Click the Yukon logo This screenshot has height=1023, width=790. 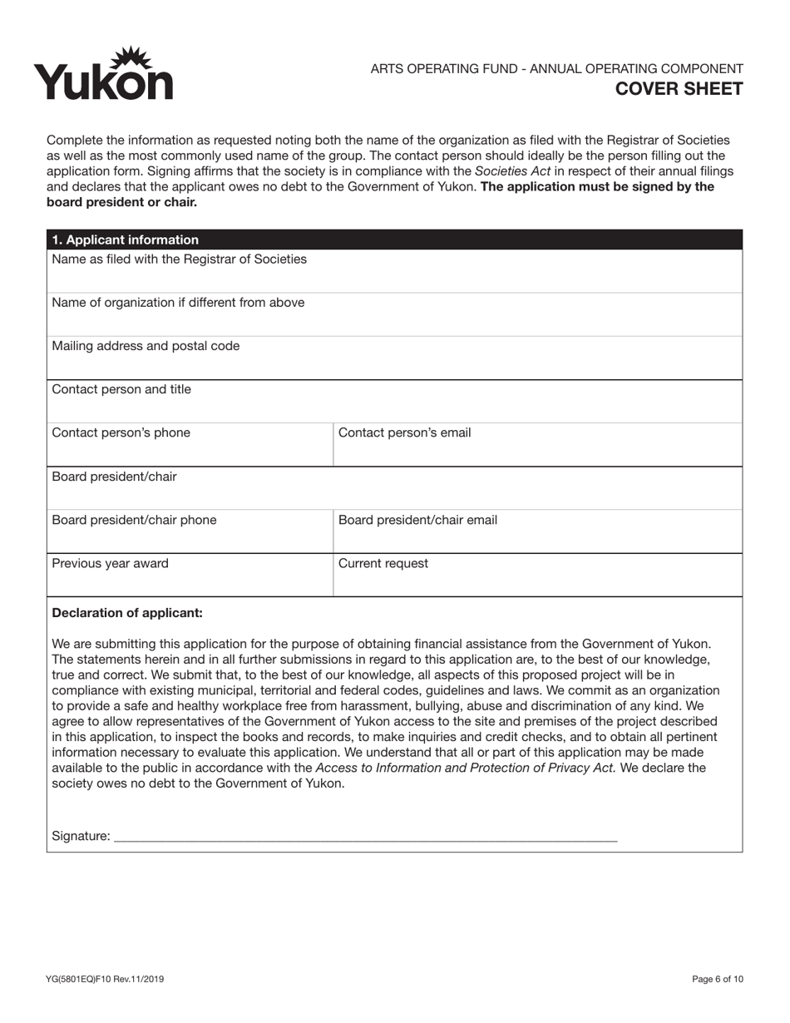pos(103,74)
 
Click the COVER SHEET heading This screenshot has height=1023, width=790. pos(679,89)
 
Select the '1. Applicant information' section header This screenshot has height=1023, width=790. pos(126,240)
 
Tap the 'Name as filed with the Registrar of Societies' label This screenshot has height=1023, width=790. pos(179,259)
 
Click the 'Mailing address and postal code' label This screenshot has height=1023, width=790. pos(146,346)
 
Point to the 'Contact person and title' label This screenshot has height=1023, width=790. pos(121,389)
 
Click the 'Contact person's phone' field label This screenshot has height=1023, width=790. pos(121,432)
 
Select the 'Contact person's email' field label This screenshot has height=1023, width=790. pos(404,432)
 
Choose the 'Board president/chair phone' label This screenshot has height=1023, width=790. pos(134,520)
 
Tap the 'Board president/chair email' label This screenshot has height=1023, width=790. pos(417,520)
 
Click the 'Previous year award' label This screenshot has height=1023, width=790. pos(110,563)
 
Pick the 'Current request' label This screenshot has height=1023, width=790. pos(383,563)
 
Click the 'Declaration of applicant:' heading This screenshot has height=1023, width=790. pos(127,613)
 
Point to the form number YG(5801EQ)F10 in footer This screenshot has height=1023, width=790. pos(105,979)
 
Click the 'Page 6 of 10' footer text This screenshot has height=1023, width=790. pos(717,979)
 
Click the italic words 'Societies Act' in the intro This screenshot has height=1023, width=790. pos(512,170)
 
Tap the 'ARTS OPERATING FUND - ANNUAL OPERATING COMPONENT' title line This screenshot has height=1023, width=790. pos(556,68)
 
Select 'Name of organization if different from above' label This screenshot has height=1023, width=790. pos(178,302)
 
